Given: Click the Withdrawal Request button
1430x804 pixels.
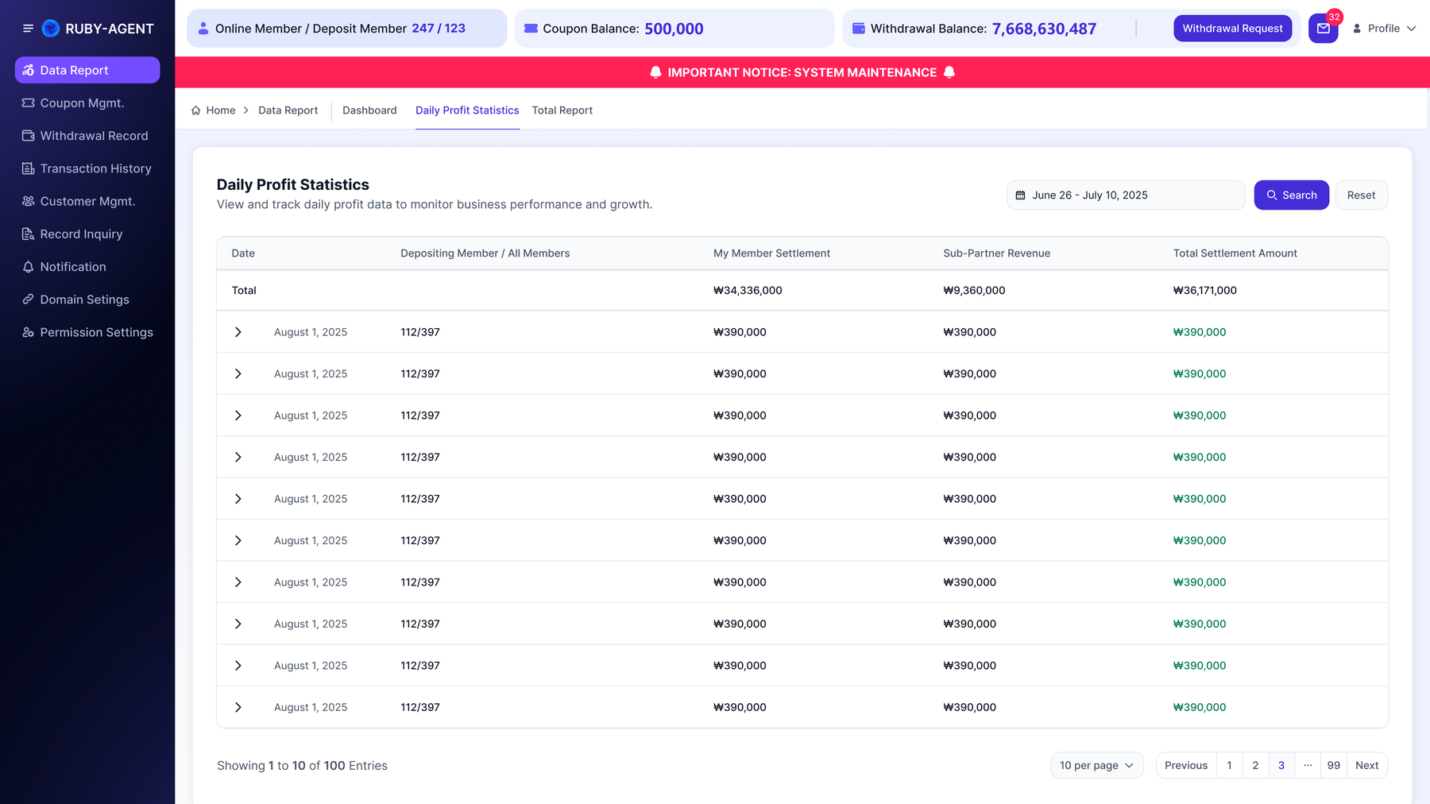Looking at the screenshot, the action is tap(1232, 29).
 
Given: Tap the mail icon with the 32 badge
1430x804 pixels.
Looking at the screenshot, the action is tap(1324, 29).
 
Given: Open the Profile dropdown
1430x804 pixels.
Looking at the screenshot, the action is tap(1384, 29).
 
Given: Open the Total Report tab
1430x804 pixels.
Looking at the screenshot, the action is tap(562, 110).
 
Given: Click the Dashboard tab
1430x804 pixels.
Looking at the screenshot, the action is tap(369, 110).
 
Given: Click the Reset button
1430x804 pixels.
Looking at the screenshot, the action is tap(1361, 195).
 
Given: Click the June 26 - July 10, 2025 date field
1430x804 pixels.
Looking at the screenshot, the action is tap(1125, 195).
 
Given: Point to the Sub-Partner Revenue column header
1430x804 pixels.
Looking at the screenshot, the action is tap(996, 253).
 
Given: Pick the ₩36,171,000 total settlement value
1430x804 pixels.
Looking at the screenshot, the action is tap(1204, 291).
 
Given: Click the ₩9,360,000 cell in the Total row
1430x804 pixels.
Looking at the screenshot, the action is tap(974, 291).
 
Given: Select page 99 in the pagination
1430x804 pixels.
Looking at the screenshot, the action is tap(1333, 766).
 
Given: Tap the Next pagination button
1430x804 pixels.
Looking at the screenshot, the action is tap(1366, 766).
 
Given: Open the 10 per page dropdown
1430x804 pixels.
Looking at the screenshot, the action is tap(1096, 766).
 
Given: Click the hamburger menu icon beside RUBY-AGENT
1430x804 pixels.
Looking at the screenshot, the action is tap(28, 29).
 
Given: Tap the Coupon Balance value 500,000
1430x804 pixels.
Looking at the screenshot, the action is tap(674, 29).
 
